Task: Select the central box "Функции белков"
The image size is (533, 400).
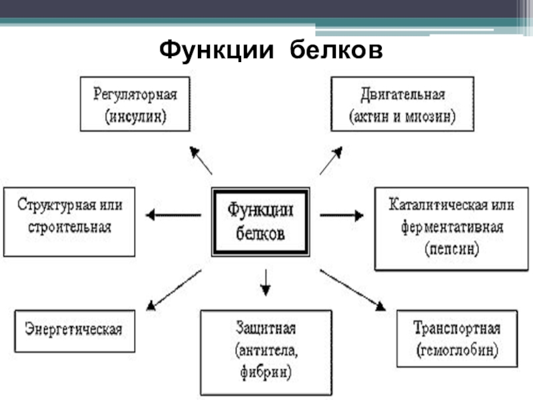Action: [x=261, y=221]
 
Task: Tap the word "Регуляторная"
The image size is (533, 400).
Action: [x=135, y=94]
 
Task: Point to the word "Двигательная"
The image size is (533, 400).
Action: [x=402, y=94]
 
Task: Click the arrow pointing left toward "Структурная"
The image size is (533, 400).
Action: [x=173, y=215]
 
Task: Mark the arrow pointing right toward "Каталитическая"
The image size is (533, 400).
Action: [x=342, y=215]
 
